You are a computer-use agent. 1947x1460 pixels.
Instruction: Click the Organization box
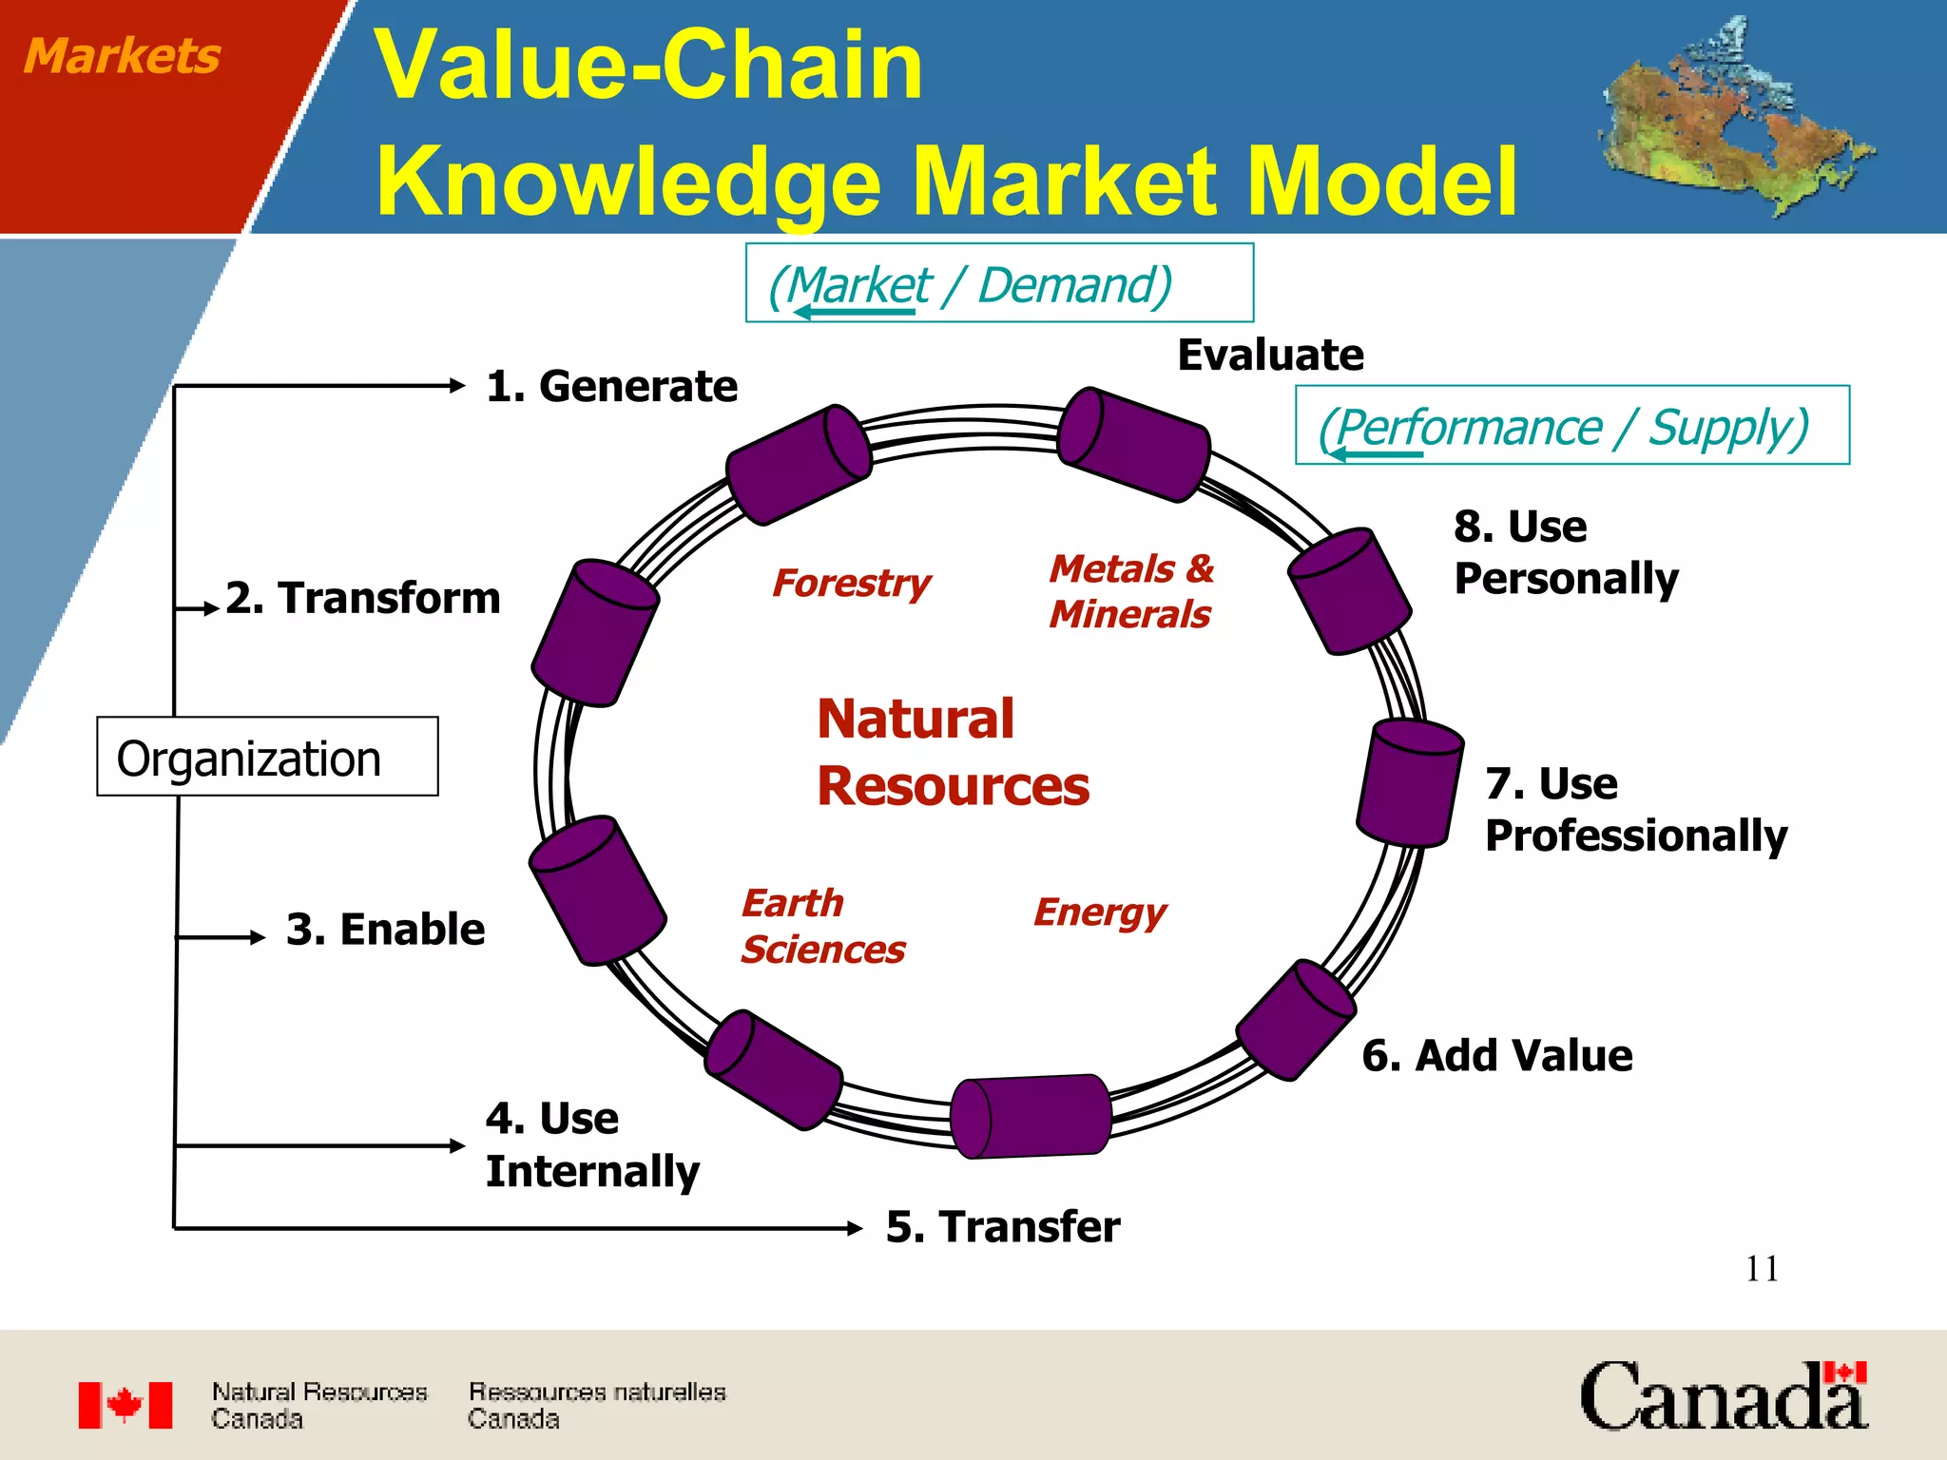click(x=267, y=757)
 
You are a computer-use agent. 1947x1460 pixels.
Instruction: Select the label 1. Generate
click(x=611, y=386)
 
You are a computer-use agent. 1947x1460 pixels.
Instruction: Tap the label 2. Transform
click(x=362, y=598)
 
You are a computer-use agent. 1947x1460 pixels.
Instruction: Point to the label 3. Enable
click(x=385, y=929)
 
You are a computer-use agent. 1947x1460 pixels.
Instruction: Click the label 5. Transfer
click(x=1002, y=1226)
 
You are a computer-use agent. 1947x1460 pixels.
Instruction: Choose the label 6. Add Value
click(x=1496, y=1055)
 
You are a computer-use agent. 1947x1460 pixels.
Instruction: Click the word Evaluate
click(x=1270, y=355)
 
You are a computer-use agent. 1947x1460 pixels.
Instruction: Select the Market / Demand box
click(x=999, y=283)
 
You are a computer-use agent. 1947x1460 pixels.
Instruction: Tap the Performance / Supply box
click(x=1571, y=425)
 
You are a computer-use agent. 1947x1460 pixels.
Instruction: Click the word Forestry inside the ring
click(x=851, y=583)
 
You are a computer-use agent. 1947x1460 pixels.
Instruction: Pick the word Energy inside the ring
click(x=1099, y=912)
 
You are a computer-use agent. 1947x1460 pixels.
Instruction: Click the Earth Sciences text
click(x=822, y=926)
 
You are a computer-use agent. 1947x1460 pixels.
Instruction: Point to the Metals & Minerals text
click(x=1130, y=591)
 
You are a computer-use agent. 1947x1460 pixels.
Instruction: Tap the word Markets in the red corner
click(x=122, y=55)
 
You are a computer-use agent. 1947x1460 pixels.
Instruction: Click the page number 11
click(x=1762, y=1269)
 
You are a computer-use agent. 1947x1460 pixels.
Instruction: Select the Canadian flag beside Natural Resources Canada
click(x=125, y=1405)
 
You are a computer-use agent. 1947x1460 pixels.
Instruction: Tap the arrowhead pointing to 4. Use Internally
click(x=457, y=1145)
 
